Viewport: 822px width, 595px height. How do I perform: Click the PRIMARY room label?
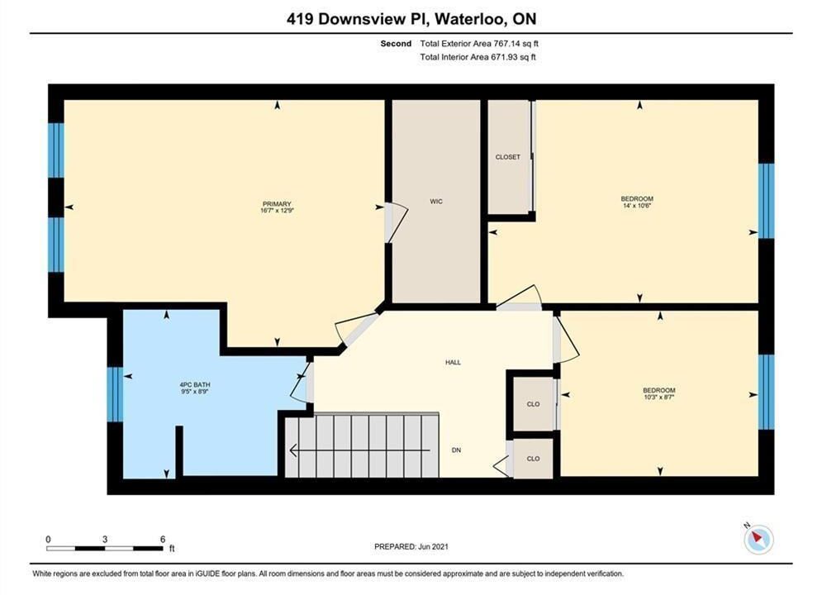[277, 204]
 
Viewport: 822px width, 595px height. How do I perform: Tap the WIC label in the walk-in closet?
[436, 202]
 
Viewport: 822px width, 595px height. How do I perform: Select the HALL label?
[453, 362]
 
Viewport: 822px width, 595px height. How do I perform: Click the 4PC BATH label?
[194, 385]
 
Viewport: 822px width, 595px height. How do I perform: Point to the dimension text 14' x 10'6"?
[637, 206]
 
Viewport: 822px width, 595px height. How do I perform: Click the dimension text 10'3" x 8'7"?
[659, 397]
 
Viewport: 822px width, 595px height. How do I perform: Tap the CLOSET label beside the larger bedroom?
[508, 157]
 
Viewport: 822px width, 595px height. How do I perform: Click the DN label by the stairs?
[456, 450]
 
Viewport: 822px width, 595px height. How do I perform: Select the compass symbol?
[758, 538]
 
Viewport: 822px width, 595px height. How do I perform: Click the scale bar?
[104, 549]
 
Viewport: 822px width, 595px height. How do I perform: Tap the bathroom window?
[115, 394]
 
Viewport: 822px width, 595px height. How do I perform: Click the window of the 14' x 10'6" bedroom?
[766, 201]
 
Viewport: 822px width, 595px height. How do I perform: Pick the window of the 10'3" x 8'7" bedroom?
[766, 392]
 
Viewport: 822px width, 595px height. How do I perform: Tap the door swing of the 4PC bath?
[301, 383]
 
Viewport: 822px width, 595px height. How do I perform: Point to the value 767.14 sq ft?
[516, 44]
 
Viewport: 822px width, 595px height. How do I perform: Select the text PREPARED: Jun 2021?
[411, 546]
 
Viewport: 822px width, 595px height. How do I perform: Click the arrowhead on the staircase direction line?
[293, 450]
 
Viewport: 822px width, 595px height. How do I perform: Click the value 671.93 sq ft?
[513, 57]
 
